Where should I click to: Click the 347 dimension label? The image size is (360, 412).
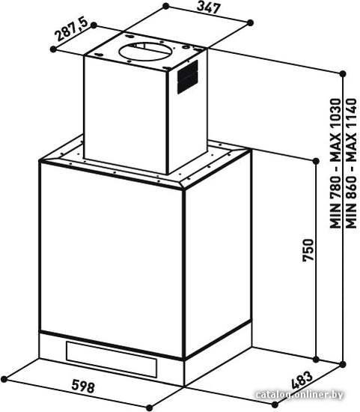pyautogui.click(x=209, y=7)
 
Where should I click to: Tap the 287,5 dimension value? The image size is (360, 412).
pyautogui.click(x=71, y=30)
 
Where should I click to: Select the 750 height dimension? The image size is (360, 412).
pyautogui.click(x=308, y=250)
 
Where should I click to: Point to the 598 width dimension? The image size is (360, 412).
pyautogui.click(x=83, y=387)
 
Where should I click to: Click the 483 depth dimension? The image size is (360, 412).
pyautogui.click(x=302, y=380)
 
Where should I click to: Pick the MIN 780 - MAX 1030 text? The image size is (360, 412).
pyautogui.click(x=335, y=163)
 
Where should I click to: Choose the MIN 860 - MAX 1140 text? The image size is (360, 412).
pyautogui.click(x=351, y=163)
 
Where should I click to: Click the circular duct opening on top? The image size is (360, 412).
pyautogui.click(x=145, y=52)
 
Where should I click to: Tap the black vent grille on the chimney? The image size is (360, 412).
pyautogui.click(x=187, y=76)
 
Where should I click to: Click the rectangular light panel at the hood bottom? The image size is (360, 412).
pyautogui.click(x=112, y=359)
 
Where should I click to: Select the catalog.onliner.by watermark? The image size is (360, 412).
pyautogui.click(x=299, y=394)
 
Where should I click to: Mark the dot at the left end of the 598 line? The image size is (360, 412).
pyautogui.click(x=4, y=379)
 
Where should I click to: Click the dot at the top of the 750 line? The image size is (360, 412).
pyautogui.click(x=316, y=161)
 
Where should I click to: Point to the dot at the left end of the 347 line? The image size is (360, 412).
pyautogui.click(x=165, y=6)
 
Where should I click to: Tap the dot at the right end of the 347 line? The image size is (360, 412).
pyautogui.click(x=251, y=23)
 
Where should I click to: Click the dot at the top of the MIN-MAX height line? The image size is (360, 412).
pyautogui.click(x=342, y=74)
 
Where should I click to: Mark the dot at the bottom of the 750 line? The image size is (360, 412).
pyautogui.click(x=316, y=359)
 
